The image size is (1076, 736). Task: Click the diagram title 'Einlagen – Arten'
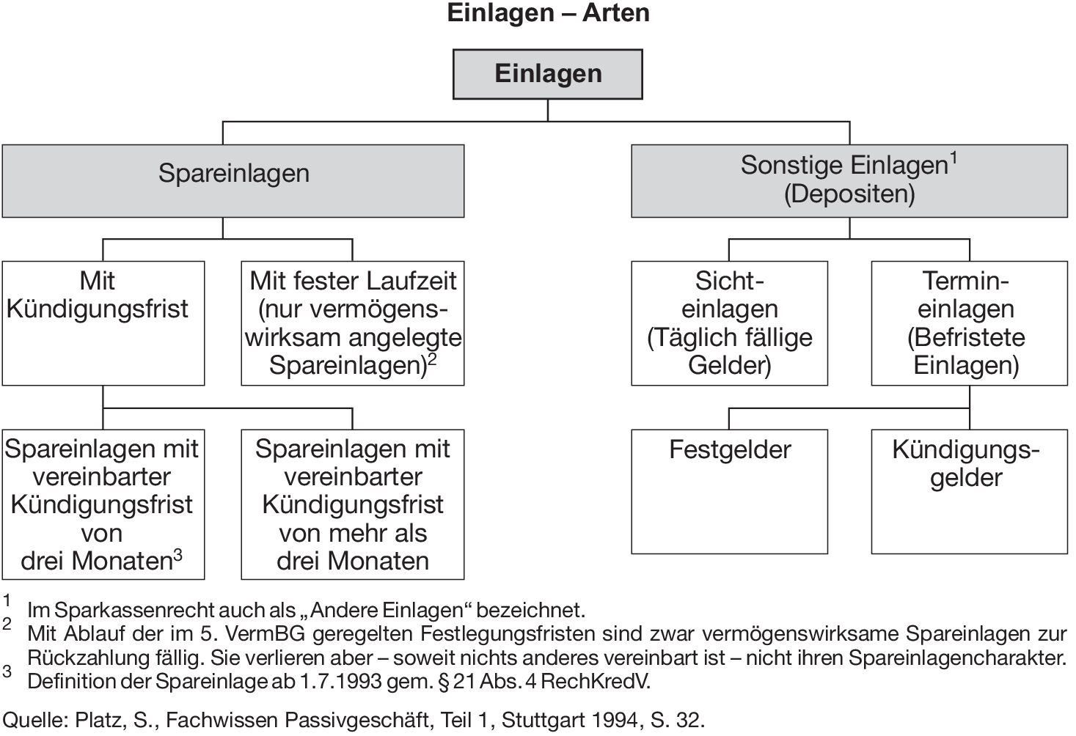tap(548, 13)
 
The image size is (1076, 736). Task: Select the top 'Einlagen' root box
tap(548, 74)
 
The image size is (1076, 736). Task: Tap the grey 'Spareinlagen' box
tap(233, 180)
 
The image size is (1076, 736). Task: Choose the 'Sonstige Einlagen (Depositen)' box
tap(849, 180)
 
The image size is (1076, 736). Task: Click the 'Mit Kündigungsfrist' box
tap(103, 323)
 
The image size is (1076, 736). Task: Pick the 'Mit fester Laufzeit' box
tap(353, 323)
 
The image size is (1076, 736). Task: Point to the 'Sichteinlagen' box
tap(729, 323)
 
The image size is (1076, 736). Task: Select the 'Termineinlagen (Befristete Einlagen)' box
tap(969, 323)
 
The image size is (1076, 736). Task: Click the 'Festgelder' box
tap(729, 491)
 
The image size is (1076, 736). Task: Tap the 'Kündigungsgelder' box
tap(969, 491)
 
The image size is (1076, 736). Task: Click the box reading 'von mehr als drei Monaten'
tap(353, 504)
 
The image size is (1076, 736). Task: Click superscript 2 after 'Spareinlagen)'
tap(433, 358)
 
